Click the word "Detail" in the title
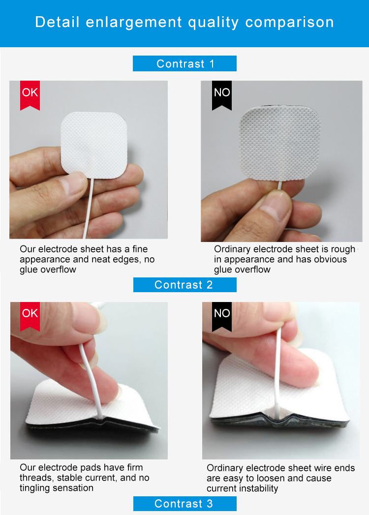57,22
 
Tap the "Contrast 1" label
184,63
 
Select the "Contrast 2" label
184,285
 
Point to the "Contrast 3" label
184,504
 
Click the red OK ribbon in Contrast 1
30,94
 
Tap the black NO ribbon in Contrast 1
222,94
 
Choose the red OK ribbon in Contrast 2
30,316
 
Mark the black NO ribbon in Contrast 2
222,316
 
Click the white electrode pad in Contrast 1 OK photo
94,145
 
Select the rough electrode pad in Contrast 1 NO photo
280,143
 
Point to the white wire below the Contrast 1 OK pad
88,208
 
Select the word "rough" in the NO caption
344,249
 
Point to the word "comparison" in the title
289,23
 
